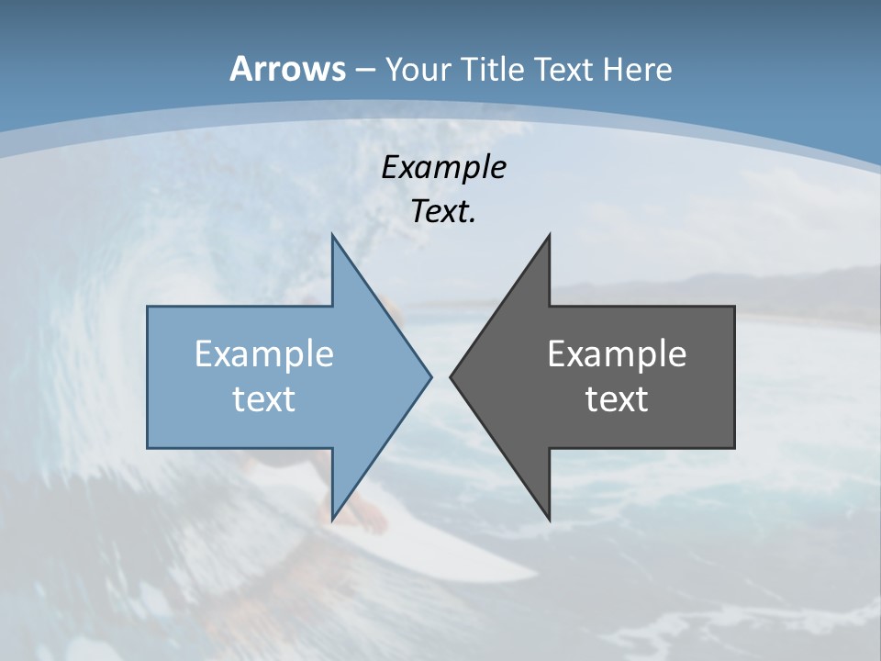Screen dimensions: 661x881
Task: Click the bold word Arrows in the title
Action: [287, 69]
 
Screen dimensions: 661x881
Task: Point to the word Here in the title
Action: [638, 69]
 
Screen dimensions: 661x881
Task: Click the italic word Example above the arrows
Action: [443, 167]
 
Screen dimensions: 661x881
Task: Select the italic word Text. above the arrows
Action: [443, 211]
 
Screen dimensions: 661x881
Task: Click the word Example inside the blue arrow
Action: [263, 354]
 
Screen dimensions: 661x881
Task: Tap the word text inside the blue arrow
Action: [263, 399]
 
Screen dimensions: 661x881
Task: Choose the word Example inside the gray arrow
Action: [617, 354]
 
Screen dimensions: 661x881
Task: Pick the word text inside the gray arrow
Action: [617, 399]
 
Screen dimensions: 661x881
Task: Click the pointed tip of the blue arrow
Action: [429, 376]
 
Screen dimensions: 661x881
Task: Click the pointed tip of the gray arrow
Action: [452, 376]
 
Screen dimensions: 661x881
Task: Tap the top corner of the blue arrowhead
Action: [332, 237]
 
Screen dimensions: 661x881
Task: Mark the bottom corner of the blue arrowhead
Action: [332, 518]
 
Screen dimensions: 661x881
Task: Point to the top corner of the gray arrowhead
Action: [549, 237]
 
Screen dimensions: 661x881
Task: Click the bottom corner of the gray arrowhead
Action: [549, 518]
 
